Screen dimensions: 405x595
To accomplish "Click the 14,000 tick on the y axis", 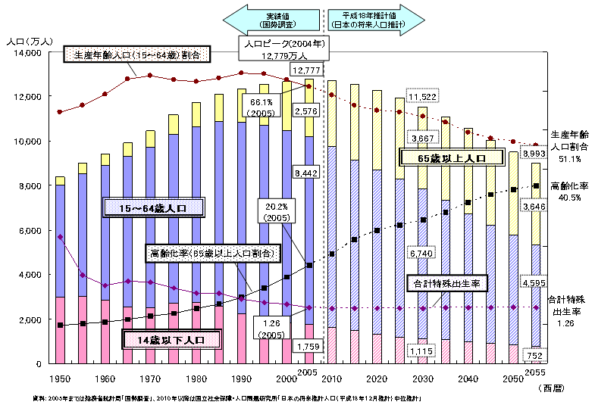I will click(29, 53).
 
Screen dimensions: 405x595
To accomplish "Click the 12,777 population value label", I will click(306, 70).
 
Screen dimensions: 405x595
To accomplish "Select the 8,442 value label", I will click(306, 174).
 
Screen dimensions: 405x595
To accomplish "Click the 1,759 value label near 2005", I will click(306, 347).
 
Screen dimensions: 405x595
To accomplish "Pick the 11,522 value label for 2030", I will click(421, 97).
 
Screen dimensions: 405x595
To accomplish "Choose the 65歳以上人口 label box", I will click(452, 158).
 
